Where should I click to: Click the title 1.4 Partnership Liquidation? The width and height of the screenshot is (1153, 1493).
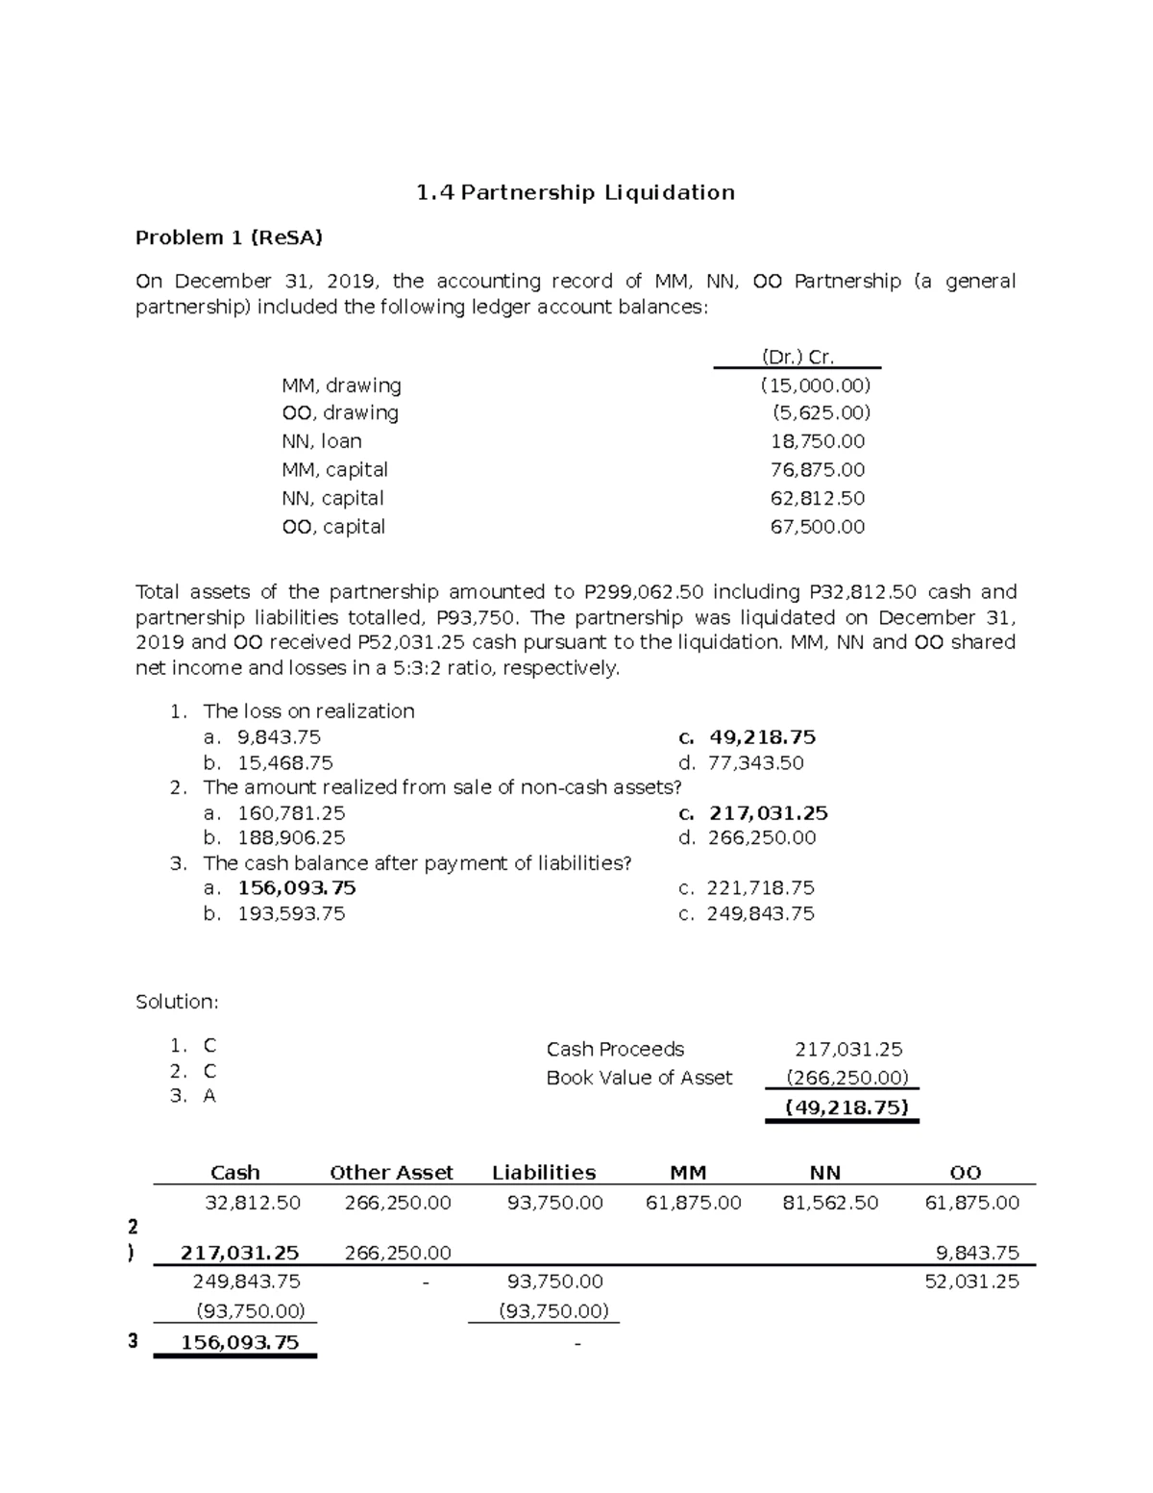[x=576, y=193]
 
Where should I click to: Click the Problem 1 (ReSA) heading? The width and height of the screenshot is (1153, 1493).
[x=229, y=237]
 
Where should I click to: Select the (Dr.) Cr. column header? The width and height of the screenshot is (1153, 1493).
[x=797, y=358]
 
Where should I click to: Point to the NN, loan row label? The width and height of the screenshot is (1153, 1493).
[x=321, y=441]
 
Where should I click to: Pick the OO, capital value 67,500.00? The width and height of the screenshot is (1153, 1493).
[x=817, y=527]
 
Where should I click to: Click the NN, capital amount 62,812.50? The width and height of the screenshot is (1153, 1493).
[x=817, y=498]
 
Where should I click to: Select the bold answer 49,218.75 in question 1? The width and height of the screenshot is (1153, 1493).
[x=762, y=737]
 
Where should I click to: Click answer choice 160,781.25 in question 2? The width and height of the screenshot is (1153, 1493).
[x=291, y=813]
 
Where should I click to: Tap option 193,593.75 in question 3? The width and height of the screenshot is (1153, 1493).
[x=291, y=913]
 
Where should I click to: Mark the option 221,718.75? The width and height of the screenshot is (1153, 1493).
[x=760, y=888]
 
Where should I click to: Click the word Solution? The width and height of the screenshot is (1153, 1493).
[x=177, y=1002]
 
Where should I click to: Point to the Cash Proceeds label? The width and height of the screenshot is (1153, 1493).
[x=615, y=1049]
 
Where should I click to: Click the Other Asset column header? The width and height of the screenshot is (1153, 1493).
[x=391, y=1173]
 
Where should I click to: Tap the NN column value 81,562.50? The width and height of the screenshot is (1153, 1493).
[x=830, y=1203]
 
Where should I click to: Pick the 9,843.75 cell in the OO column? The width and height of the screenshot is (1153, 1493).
[x=977, y=1253]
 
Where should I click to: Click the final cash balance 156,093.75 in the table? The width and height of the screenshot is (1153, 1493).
[x=239, y=1342]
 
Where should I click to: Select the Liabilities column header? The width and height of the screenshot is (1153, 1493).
[x=544, y=1173]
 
